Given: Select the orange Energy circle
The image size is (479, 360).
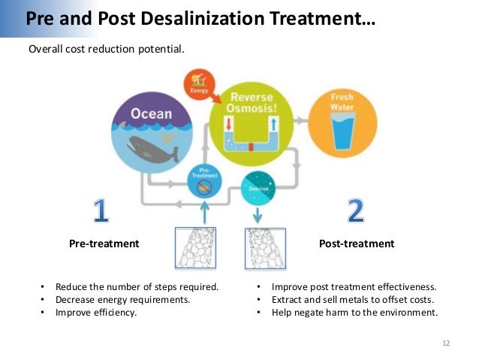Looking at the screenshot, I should [200, 85].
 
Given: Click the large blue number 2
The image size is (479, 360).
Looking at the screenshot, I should [355, 211].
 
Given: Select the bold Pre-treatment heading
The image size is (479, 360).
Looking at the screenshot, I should [104, 244].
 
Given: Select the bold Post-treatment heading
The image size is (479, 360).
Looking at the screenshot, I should [356, 244].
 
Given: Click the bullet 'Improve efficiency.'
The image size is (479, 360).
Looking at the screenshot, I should [96, 312].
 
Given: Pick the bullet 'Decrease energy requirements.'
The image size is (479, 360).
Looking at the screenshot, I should [122, 299].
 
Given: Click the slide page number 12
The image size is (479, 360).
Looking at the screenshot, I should [446, 343].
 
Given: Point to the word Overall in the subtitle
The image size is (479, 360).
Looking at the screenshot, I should [45, 50].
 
